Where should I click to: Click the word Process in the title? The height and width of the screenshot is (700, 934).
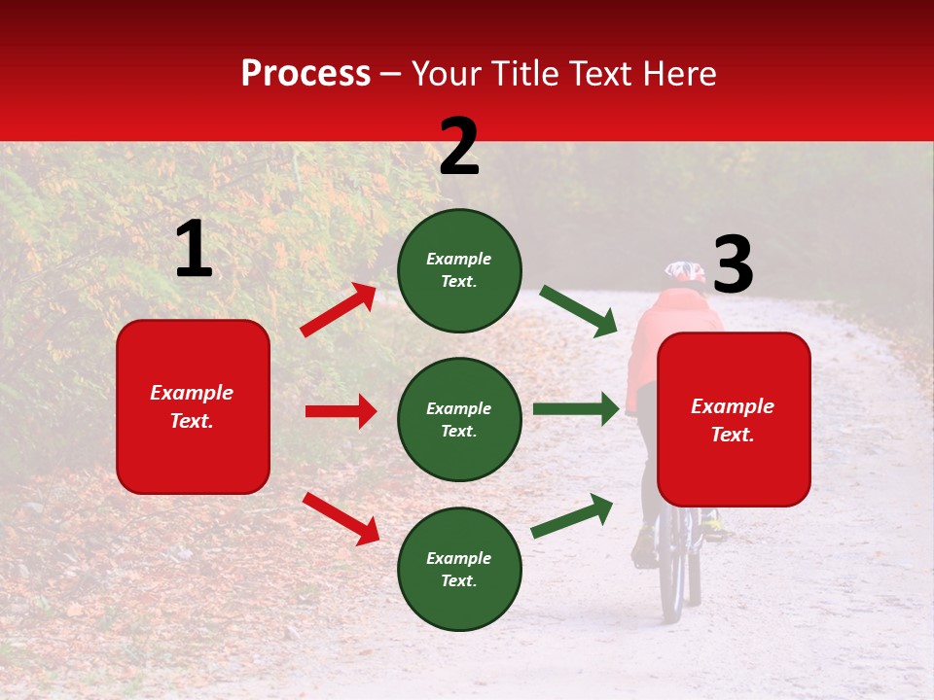(305, 74)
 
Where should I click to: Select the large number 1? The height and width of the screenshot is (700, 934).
(194, 249)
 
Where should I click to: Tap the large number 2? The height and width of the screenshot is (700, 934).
(459, 146)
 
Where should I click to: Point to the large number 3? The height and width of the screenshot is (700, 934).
(733, 265)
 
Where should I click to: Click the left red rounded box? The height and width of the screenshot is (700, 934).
(193, 406)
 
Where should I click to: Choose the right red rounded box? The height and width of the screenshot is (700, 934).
(734, 419)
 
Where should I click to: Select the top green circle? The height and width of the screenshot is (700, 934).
(459, 269)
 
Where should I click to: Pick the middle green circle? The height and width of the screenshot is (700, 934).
(459, 419)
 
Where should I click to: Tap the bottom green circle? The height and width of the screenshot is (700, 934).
(459, 569)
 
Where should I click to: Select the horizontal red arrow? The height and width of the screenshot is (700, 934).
(341, 411)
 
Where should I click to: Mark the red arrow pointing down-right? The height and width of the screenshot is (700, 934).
(341, 518)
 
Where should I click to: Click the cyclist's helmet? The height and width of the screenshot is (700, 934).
(685, 272)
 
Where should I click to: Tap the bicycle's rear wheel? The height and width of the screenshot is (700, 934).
(672, 574)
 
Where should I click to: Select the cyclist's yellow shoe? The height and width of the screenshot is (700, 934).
(715, 530)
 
